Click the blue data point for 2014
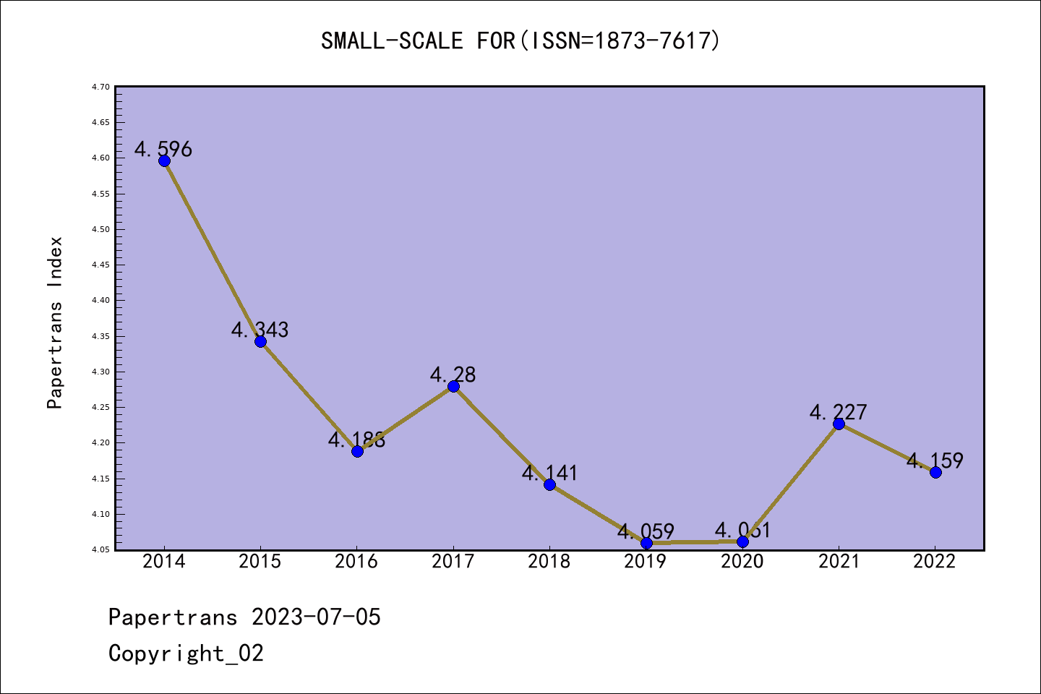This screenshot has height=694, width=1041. [164, 160]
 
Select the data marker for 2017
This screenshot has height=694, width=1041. [453, 386]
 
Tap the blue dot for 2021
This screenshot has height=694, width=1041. [839, 424]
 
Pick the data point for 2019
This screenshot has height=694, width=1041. [646, 543]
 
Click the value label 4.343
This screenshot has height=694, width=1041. [260, 330]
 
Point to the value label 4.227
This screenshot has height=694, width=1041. [839, 412]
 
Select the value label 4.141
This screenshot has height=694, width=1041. [549, 473]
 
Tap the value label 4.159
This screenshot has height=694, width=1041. [935, 460]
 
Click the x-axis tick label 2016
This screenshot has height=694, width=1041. [356, 562]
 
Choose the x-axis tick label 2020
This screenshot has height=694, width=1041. [742, 562]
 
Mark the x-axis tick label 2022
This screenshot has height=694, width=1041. [935, 562]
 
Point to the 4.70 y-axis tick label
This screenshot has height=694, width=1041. [100, 87]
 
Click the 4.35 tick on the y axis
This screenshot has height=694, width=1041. [100, 336]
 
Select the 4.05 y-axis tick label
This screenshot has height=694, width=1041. [100, 550]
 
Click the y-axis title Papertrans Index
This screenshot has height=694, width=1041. [55, 322]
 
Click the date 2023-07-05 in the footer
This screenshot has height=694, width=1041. [316, 617]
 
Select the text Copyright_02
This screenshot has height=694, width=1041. [186, 654]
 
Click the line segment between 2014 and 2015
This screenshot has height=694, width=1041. [213, 251]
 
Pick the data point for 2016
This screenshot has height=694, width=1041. [357, 451]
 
